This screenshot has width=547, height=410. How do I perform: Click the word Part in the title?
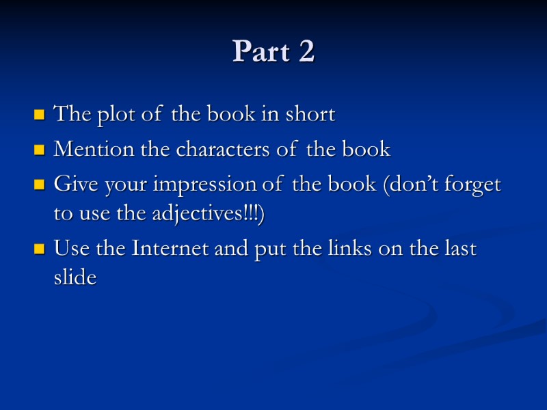click(259, 52)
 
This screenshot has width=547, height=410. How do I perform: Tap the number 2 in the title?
click(306, 52)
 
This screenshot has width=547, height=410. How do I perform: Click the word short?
click(311, 114)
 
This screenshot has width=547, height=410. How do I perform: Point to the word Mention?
click(87, 150)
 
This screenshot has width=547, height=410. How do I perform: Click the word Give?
click(72, 184)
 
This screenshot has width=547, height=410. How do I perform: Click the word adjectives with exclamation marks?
click(204, 215)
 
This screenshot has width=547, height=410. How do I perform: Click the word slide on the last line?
click(75, 277)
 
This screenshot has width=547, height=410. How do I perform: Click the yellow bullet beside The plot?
click(39, 115)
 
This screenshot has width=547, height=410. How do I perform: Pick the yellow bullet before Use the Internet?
click(39, 249)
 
